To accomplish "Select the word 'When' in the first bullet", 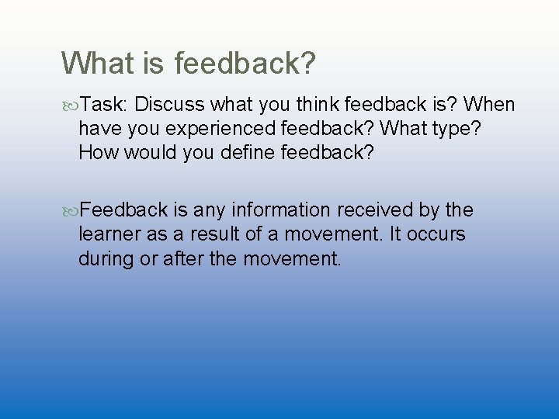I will coord(487,105).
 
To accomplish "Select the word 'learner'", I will coord(106,234).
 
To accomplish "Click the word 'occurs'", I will coord(436,234).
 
